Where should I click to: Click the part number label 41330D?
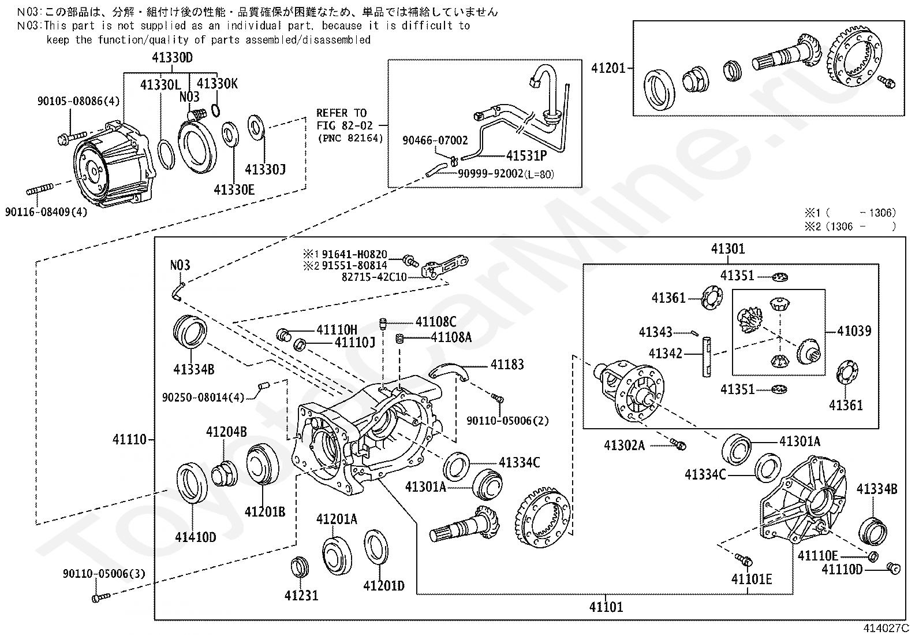[172, 58]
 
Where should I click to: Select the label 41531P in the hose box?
[526, 155]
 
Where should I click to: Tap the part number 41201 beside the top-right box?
[608, 68]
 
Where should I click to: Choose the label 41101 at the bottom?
[606, 607]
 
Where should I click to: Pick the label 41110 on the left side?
[130, 440]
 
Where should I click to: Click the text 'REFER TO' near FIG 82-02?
[341, 113]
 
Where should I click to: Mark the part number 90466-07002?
[435, 140]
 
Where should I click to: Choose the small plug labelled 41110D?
[894, 568]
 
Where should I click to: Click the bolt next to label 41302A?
[679, 444]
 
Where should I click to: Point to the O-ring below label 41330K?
[215, 110]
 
